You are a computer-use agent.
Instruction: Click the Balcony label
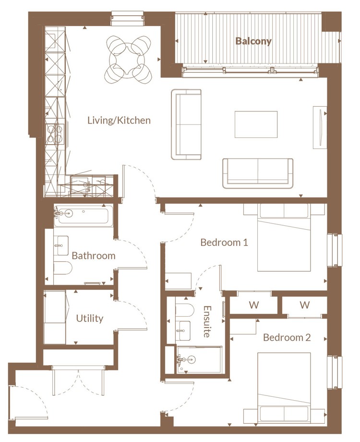point(253,41)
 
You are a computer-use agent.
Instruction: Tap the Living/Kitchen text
point(119,121)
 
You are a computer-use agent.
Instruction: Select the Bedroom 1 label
point(224,243)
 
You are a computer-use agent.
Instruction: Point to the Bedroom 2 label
point(287,337)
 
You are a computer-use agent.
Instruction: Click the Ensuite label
point(207,321)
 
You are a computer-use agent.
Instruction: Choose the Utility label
point(90,319)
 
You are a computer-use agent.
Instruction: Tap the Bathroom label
point(94,256)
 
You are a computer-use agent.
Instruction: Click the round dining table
point(128,60)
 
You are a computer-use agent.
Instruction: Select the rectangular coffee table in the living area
point(256,124)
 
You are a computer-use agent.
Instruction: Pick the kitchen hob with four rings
point(55,134)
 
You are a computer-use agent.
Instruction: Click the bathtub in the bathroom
point(84,215)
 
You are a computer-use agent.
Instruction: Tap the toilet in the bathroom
point(62,269)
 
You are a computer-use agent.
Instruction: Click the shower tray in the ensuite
point(199,360)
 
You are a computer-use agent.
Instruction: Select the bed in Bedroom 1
point(284,237)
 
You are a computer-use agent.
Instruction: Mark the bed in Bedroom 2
point(284,387)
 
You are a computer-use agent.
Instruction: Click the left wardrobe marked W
point(254,305)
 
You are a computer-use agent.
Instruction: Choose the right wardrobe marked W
point(304,305)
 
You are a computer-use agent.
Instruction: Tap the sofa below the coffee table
point(258,173)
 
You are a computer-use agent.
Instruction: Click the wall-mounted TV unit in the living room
point(320,127)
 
